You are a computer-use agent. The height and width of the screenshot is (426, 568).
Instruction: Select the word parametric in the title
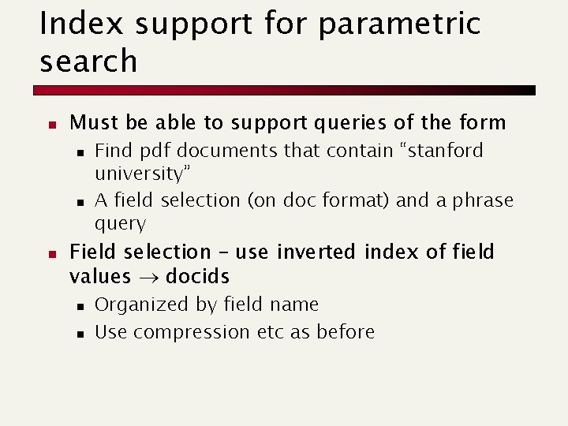point(399,24)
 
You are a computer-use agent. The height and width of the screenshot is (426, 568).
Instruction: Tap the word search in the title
point(88,62)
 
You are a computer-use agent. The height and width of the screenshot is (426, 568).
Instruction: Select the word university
point(141,173)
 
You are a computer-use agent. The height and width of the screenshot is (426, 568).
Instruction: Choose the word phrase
point(483,200)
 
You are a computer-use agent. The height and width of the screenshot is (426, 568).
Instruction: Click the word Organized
point(135,305)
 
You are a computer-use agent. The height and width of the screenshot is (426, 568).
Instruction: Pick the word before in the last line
point(346,332)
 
